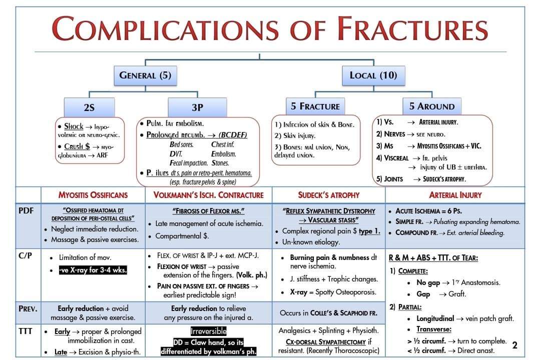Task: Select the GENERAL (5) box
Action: pyautogui.click(x=145, y=75)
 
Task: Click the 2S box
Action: pyautogui.click(x=89, y=107)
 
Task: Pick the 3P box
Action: pyautogui.click(x=197, y=107)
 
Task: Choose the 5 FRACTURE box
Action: pyautogui.click(x=315, y=106)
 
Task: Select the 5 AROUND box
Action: pyautogui.click(x=431, y=106)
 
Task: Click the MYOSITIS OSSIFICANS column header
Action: pyautogui.click(x=93, y=195)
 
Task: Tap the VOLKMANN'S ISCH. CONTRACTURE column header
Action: pyautogui.click(x=208, y=195)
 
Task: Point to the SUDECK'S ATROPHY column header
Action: pyautogui.click(x=328, y=195)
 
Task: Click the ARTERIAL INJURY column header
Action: pyautogui.click(x=455, y=195)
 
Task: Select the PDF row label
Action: pyautogui.click(x=26, y=210)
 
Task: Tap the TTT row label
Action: pyautogui.click(x=26, y=331)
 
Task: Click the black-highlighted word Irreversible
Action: pyautogui.click(x=208, y=331)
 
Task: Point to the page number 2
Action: pyautogui.click(x=514, y=345)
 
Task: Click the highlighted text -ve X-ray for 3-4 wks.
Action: pyautogui.click(x=93, y=270)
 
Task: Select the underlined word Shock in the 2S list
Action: pyautogui.click(x=74, y=126)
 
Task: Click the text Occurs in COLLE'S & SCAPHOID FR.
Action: pyautogui.click(x=328, y=313)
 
